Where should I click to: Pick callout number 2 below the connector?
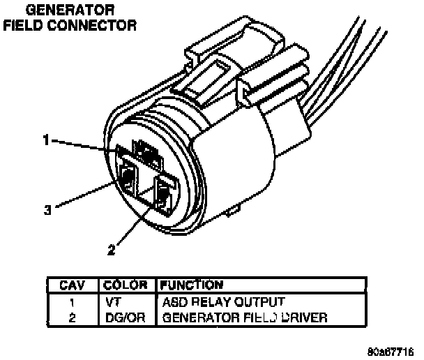point(112,249)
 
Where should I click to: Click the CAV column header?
point(73,285)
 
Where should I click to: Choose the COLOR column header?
point(126,285)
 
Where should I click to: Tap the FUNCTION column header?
point(192,285)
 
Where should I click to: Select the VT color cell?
point(114,303)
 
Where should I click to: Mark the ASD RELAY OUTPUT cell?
point(223,303)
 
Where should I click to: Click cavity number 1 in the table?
point(73,303)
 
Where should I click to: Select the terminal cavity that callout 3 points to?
point(128,179)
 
